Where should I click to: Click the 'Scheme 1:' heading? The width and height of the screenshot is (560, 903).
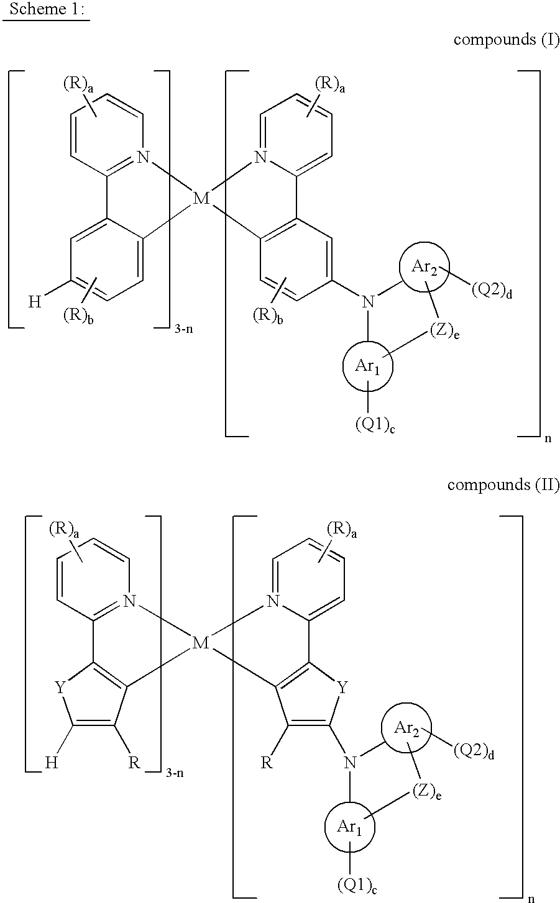pos(47,9)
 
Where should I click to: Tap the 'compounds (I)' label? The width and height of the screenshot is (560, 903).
pos(507,40)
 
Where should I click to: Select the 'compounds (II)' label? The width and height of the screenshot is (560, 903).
pos(503,484)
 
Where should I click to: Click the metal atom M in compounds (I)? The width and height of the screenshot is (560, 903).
pos(201,198)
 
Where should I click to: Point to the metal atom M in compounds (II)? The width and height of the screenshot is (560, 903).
pos(201,643)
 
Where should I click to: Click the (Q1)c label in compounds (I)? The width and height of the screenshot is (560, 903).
pos(375,424)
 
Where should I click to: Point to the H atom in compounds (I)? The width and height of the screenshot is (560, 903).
pos(35,302)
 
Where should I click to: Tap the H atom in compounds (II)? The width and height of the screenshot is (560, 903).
pos(52,763)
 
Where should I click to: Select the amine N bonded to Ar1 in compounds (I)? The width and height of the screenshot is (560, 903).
pos(367,302)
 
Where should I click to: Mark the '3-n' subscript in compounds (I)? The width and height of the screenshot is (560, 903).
pos(184,329)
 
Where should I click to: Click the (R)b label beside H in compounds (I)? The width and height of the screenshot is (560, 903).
pos(78,316)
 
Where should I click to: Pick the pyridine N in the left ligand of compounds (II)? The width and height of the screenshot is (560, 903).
pos(129,602)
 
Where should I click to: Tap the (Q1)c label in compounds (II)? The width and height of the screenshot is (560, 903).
pos(357,885)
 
